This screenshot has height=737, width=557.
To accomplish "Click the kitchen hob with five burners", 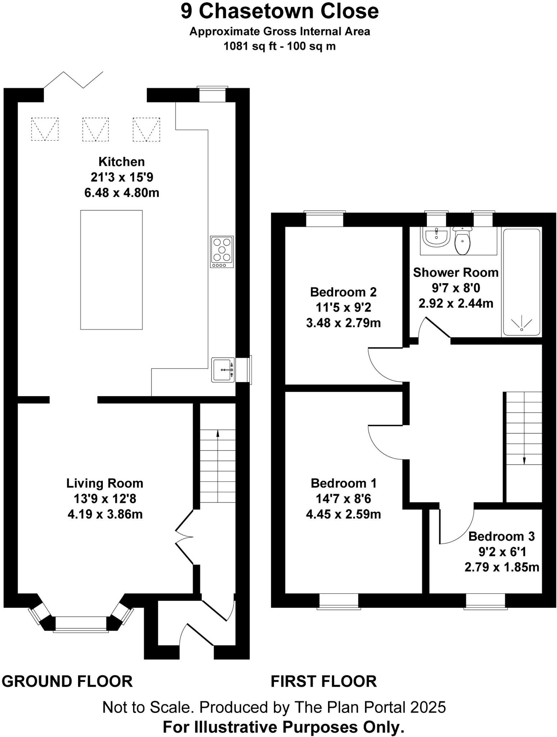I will pos(222,252).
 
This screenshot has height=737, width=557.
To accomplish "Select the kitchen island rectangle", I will pos(111,270).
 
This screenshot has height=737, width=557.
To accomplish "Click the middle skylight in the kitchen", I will pos(95,129).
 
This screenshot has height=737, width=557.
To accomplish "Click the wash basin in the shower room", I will pos(436,238).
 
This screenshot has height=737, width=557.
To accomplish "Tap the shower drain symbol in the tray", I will pos(521,324).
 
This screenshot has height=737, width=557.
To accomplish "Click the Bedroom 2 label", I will pos(343,292).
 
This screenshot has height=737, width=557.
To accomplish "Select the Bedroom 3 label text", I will pos(501,536).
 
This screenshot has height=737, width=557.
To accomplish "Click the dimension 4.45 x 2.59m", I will pos(343,514).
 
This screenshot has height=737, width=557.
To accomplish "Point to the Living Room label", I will pos(105,483).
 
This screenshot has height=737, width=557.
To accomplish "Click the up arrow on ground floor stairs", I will pos(218,434).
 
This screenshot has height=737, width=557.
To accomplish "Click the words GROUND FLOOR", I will pos(67,681).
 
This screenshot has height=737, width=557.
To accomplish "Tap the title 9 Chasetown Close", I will pos(279,12).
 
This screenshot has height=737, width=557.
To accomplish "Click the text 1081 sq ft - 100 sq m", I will pos(279,46).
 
